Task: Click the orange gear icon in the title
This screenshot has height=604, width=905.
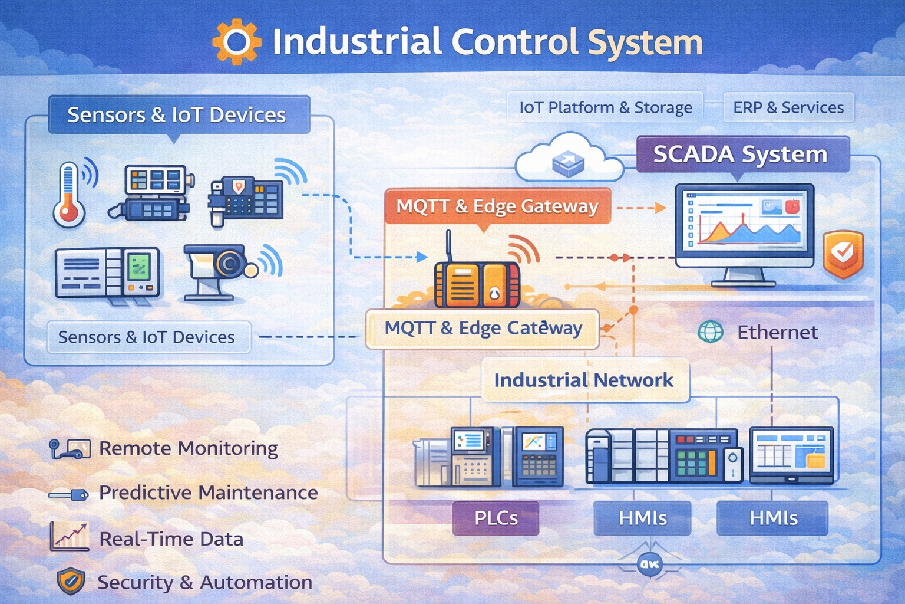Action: coord(236,42)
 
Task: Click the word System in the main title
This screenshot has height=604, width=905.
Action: coord(645,42)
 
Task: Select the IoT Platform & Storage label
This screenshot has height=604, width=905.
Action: coord(605,107)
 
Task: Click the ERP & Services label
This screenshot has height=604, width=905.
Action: coord(788,107)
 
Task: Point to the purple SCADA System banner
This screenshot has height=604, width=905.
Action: coord(741,155)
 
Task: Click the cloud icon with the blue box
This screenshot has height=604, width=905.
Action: coord(569,159)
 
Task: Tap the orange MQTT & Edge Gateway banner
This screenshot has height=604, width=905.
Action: coord(497,206)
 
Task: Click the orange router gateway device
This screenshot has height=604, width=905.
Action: coord(477,283)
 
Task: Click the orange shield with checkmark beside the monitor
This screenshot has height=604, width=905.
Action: coord(843,254)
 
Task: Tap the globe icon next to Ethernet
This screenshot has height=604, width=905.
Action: coord(711,331)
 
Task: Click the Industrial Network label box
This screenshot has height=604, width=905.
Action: coord(584,380)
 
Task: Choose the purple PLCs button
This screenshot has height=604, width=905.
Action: coord(496,518)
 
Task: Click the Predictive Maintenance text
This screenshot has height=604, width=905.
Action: coord(208,493)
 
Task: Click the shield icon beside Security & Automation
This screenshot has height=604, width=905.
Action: coord(71,582)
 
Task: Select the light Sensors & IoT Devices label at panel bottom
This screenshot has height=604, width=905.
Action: coord(147,337)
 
